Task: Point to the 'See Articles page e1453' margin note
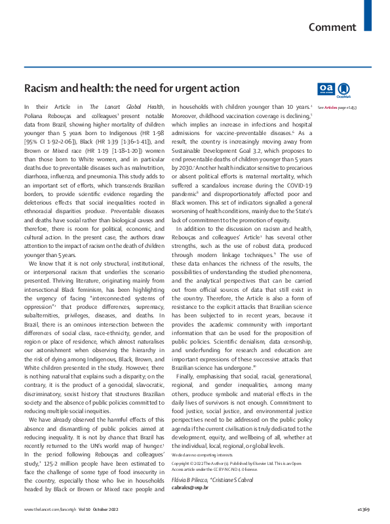pos(337,107)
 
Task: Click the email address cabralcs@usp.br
pos(189,487)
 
